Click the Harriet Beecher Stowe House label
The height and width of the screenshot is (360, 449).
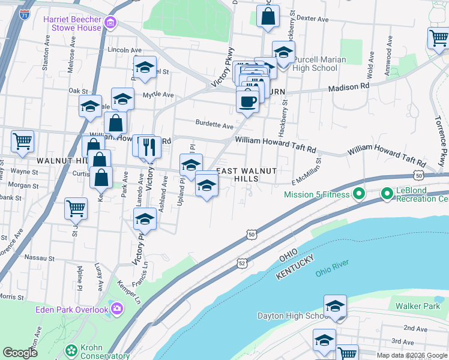(x=73, y=23)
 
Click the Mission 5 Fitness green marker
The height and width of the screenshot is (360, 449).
(x=358, y=194)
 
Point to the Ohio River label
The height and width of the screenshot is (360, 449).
(x=332, y=267)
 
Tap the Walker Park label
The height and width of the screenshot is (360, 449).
(x=418, y=306)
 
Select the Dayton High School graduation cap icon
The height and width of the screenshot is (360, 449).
(x=335, y=305)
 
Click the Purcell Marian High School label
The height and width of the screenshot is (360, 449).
(x=319, y=64)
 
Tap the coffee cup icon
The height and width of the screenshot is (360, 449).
(x=247, y=100)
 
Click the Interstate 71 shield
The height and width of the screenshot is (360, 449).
(x=25, y=14)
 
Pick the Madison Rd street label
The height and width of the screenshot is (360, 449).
(x=348, y=87)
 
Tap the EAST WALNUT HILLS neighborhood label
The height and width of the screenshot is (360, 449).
(x=246, y=175)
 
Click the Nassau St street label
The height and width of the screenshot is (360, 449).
(x=40, y=259)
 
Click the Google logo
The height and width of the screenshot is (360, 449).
(x=20, y=353)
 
